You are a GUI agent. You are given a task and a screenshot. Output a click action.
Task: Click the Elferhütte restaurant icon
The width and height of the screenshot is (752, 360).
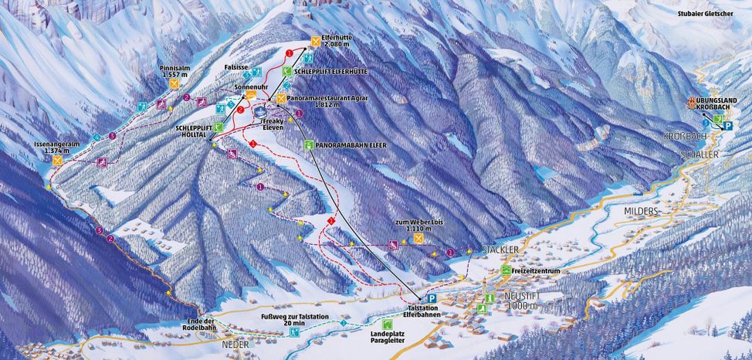tap(316, 42)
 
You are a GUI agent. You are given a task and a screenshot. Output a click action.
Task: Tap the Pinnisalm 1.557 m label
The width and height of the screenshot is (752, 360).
tap(174, 71)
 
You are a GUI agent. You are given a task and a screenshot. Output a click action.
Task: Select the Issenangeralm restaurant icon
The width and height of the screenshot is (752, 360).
tap(57, 161)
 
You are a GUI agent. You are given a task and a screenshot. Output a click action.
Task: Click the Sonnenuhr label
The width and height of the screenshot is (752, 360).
tap(250, 88)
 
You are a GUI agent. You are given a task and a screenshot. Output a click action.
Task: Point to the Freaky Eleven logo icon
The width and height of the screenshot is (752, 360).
tap(259, 112)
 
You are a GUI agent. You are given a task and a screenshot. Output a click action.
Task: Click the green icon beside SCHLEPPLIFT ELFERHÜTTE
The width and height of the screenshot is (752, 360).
tap(286, 71)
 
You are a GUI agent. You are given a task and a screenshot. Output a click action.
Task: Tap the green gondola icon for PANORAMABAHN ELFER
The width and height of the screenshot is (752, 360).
tap(308, 144)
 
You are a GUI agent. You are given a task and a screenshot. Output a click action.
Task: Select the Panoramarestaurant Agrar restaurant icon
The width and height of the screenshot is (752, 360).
tap(281, 99)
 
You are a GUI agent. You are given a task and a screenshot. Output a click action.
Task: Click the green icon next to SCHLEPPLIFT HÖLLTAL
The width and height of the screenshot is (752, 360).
tap(218, 127)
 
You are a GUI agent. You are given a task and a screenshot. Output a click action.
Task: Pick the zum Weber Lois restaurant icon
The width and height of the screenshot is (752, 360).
tap(418, 239)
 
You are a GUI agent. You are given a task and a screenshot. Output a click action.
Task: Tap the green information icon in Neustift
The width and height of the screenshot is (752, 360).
tap(489, 297)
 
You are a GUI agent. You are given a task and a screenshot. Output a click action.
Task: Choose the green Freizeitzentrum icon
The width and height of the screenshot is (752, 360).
tap(506, 270)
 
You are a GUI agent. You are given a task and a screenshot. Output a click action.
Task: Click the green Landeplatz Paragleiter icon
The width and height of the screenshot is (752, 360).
tap(387, 324)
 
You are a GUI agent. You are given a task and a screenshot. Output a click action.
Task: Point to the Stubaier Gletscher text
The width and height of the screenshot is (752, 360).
tap(703, 13)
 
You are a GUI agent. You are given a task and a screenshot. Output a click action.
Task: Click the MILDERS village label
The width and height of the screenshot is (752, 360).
tap(642, 210)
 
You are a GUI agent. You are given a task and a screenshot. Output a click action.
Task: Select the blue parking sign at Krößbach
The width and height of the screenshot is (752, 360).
tap(727, 125)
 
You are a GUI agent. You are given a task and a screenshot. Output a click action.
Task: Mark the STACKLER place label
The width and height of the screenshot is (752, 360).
tap(498, 250)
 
